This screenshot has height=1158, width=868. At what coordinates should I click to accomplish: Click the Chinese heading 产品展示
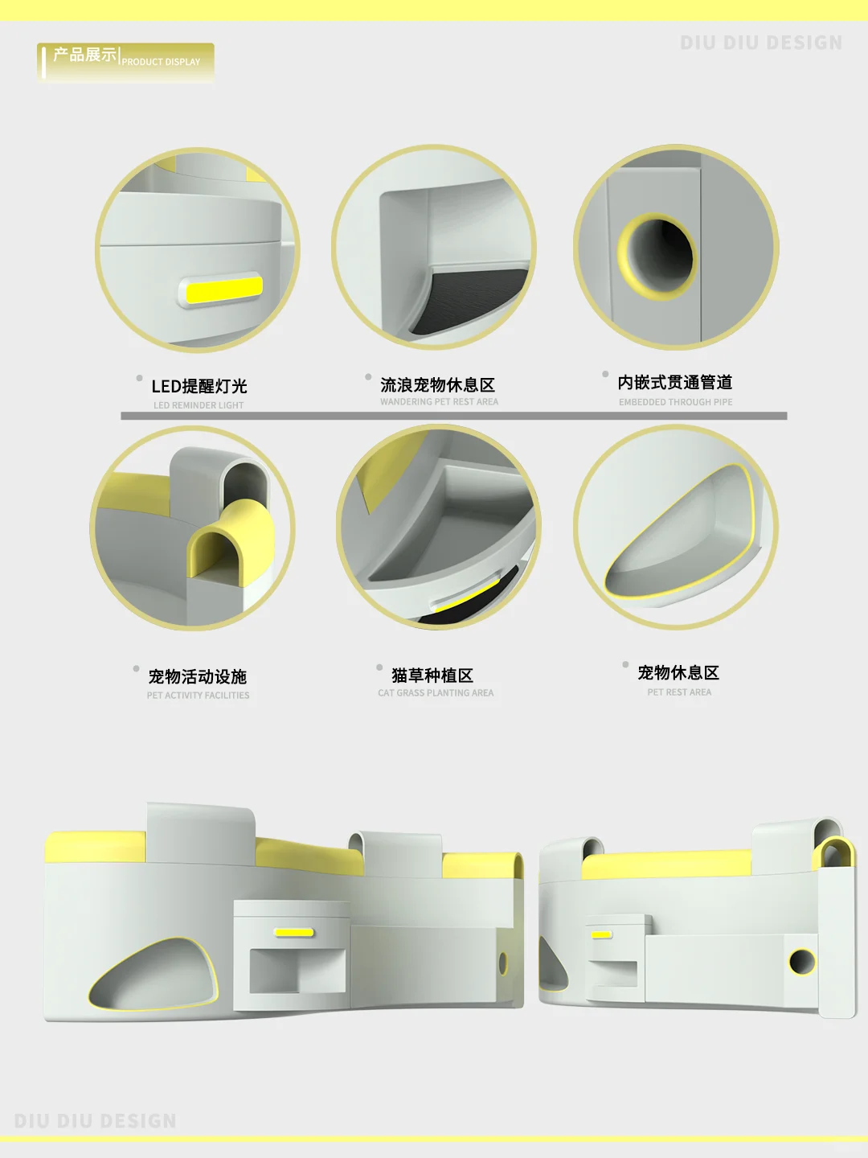[84, 55]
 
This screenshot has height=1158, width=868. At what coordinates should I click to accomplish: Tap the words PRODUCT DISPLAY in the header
[161, 62]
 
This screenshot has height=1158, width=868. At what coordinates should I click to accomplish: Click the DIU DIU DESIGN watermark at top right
[761, 43]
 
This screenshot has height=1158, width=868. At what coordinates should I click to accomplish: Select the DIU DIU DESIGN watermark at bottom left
[96, 1120]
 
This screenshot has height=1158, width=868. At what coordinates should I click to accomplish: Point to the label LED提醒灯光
[199, 386]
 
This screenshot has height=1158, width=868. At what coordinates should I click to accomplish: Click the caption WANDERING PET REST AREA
[439, 401]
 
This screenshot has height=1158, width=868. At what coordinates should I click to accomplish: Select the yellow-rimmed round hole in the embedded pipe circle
[657, 257]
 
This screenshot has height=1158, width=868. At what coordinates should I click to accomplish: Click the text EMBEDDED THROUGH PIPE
[676, 402]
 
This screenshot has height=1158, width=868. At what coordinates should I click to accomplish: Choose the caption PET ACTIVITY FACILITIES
[199, 696]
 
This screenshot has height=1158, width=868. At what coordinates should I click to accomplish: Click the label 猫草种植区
[432, 675]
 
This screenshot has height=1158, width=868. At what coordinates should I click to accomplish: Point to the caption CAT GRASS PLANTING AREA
[436, 692]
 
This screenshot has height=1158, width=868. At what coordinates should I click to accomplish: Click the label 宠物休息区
[678, 672]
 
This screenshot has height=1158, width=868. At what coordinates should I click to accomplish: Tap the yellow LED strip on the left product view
[294, 933]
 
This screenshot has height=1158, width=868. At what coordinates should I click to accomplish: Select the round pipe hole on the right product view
[802, 961]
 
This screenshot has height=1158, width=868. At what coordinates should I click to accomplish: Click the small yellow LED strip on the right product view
[601, 934]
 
